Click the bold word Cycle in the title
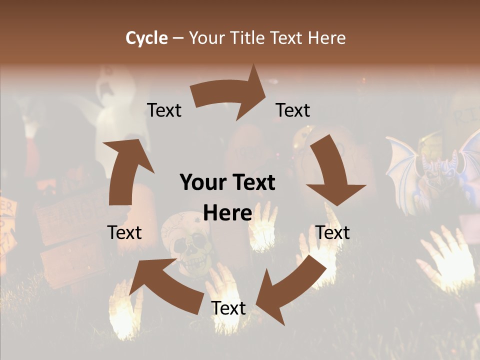click(x=146, y=38)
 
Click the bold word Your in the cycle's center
click(x=201, y=182)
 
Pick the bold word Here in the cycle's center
click(x=227, y=213)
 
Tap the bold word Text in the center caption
click(x=252, y=182)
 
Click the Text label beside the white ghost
click(x=164, y=110)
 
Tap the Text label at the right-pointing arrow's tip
click(x=293, y=110)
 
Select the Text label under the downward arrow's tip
click(x=332, y=232)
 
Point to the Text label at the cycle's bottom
click(x=228, y=308)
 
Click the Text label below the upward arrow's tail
click(x=124, y=232)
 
